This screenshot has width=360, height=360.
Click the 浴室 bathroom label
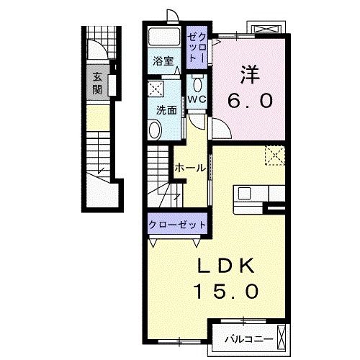point(163,61)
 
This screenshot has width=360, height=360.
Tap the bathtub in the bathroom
point(164,36)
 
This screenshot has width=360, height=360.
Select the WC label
point(197,99)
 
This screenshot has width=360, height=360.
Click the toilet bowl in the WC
point(197,84)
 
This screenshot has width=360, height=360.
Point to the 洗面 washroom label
point(166,110)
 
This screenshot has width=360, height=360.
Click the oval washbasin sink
point(156,130)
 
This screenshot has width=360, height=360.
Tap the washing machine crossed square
point(156,89)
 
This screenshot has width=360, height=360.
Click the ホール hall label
point(190,168)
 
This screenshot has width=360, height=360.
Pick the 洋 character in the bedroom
point(250,75)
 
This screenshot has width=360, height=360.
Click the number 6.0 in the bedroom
point(250,100)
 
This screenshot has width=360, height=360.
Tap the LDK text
point(225,266)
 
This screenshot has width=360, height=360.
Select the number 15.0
point(226,291)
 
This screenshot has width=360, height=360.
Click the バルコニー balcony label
point(249,339)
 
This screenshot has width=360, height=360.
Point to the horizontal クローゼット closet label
point(177,225)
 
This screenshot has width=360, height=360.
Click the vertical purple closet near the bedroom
point(197,48)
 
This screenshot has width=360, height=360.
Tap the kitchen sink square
point(244,194)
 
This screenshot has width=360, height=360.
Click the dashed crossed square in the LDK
point(275,156)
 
